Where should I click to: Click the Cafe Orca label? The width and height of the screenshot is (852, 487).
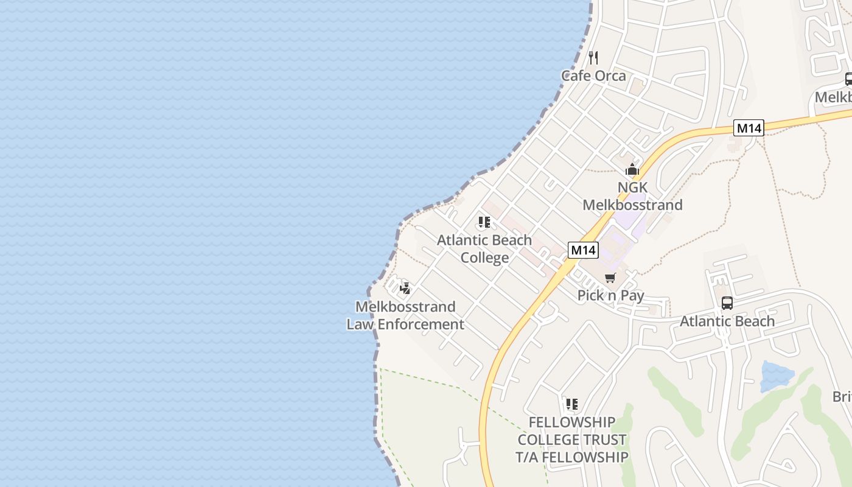tap(593, 75)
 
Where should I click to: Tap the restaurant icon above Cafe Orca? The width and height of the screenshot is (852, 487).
tap(593, 58)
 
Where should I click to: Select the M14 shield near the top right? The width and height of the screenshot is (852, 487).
tap(749, 128)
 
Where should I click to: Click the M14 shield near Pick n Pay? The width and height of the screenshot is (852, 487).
tap(584, 250)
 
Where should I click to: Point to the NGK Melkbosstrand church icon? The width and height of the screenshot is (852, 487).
tap(632, 169)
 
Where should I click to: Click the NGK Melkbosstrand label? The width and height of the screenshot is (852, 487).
tap(632, 196)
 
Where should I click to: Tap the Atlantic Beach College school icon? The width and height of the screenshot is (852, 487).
tap(484, 222)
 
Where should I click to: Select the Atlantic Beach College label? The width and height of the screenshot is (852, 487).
tap(484, 248)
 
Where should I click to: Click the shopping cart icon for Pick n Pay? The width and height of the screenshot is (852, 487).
tap(610, 278)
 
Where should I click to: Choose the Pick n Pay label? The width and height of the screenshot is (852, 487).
tap(610, 296)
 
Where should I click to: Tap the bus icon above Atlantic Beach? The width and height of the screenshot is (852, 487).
tap(727, 303)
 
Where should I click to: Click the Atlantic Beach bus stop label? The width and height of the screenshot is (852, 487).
tap(727, 321)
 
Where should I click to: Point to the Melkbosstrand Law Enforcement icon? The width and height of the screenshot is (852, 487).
tap(405, 289)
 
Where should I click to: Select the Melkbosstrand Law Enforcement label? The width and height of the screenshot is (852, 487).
tap(405, 315)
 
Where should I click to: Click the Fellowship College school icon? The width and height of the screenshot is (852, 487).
tap(571, 404)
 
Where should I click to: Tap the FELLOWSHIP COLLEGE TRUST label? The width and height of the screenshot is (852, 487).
tap(571, 440)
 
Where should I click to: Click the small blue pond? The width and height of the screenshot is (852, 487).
tap(776, 376)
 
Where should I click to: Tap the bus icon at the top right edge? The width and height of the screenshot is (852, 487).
tap(848, 79)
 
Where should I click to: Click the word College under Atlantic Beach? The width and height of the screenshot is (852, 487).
tap(484, 258)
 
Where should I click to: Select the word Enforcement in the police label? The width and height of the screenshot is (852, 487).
tap(421, 324)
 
